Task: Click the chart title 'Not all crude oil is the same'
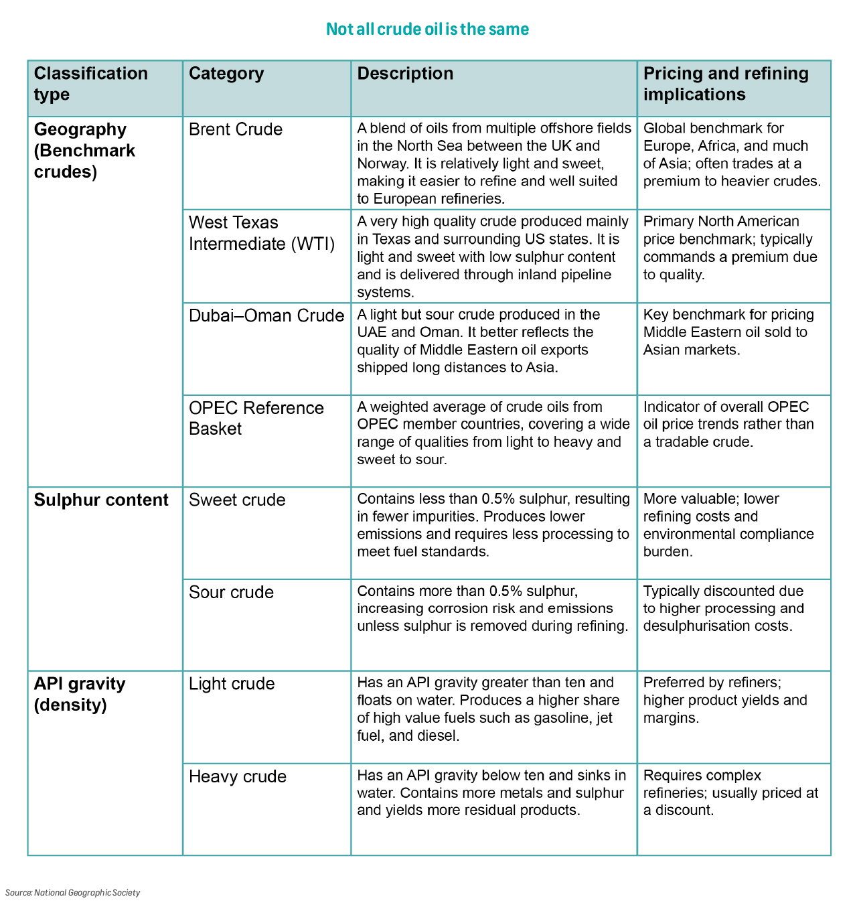[427, 29]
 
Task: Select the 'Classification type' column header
[91, 84]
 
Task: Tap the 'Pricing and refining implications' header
[726, 84]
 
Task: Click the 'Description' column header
[405, 74]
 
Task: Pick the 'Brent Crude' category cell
[236, 129]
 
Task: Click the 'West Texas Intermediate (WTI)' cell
[262, 233]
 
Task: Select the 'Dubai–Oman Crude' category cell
[266, 315]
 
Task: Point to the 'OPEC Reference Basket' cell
[256, 418]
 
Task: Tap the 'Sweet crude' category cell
[237, 500]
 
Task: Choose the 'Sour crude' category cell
[231, 592]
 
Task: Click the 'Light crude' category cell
[232, 684]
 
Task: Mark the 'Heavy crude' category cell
[238, 776]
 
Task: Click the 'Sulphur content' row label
[101, 500]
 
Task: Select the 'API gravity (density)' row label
[80, 694]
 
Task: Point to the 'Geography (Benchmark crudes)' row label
[84, 150]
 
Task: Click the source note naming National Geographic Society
[73, 893]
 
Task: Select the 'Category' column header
[226, 74]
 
